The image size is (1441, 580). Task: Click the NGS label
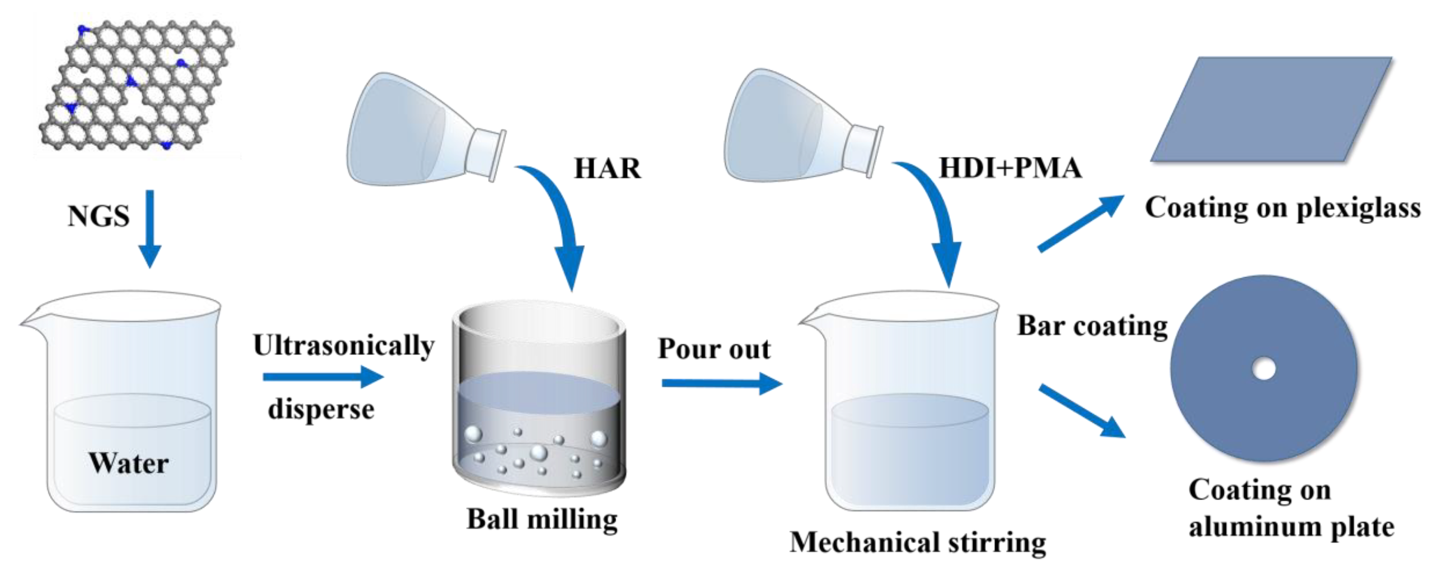99,216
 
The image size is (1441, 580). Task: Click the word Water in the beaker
129,463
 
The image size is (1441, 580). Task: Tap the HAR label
608,168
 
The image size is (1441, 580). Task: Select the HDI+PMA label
1010,168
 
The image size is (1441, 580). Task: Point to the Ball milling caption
541,520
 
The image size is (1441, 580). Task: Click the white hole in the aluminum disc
1264,368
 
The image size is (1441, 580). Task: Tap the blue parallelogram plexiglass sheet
1270,109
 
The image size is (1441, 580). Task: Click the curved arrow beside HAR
559,224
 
